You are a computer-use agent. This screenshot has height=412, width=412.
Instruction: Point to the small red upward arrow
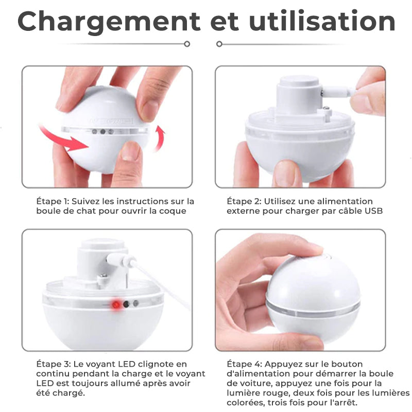tap(160, 138)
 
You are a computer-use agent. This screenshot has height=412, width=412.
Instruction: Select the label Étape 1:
tap(53, 201)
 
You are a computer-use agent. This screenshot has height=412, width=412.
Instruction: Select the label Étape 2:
tap(244, 201)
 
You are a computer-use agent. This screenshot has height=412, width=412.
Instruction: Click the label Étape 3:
tap(54, 364)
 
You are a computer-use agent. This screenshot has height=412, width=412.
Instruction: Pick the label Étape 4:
tap(244, 364)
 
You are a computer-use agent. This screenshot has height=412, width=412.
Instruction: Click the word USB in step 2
tap(374, 211)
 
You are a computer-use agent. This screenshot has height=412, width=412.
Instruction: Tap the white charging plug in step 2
tap(339, 93)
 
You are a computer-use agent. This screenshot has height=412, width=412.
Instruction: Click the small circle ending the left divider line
tap(187, 44)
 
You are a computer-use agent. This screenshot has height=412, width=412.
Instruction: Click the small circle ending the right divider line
tap(219, 44)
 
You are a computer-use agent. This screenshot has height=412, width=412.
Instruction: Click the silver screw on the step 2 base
tap(326, 108)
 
